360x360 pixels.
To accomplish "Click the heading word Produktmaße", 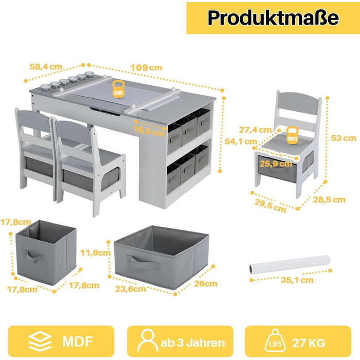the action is pyautogui.click(x=273, y=18).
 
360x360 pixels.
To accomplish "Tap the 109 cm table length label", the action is pyautogui.click(x=146, y=68).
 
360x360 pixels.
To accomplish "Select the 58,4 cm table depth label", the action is pyautogui.click(x=46, y=66).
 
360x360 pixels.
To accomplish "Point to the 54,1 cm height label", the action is pyautogui.click(x=241, y=141).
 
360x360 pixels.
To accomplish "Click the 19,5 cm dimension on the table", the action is pyautogui.click(x=149, y=131).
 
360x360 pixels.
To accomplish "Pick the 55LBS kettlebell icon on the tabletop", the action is pyautogui.click(x=118, y=89).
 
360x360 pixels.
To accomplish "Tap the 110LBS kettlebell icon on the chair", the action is pyautogui.click(x=292, y=135).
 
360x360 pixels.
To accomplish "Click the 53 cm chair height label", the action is pyautogui.click(x=344, y=138).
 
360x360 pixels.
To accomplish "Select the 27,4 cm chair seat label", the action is pyautogui.click(x=255, y=130).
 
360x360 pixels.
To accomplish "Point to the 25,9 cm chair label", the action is pyautogui.click(x=276, y=164).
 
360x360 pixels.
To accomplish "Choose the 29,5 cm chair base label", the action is pyautogui.click(x=270, y=206).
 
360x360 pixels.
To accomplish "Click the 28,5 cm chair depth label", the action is pyautogui.click(x=329, y=200).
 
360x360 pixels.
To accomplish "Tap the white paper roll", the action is pyautogui.click(x=290, y=264).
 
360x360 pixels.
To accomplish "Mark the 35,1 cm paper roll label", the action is pyautogui.click(x=297, y=280).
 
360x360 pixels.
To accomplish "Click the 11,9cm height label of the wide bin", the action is pyautogui.click(x=95, y=253).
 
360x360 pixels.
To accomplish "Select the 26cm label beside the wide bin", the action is pyautogui.click(x=206, y=284).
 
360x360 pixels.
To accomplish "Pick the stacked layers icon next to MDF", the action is pyautogui.click(x=40, y=341).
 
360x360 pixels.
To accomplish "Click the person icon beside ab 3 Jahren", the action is pyautogui.click(x=148, y=340).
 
